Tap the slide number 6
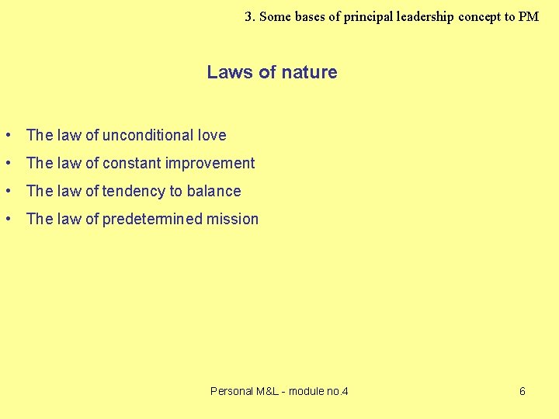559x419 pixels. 522,391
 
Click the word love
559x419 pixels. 212,135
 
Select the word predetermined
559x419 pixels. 152,219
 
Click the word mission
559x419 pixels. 232,219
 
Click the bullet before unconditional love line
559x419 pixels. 7,136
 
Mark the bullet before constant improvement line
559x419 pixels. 7,164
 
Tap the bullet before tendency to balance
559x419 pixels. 7,192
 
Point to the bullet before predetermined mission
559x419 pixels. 7,220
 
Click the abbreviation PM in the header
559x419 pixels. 529,16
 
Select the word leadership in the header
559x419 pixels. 426,16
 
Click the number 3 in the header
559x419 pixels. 248,16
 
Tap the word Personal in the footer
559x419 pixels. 232,391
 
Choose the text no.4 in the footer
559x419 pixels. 337,391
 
